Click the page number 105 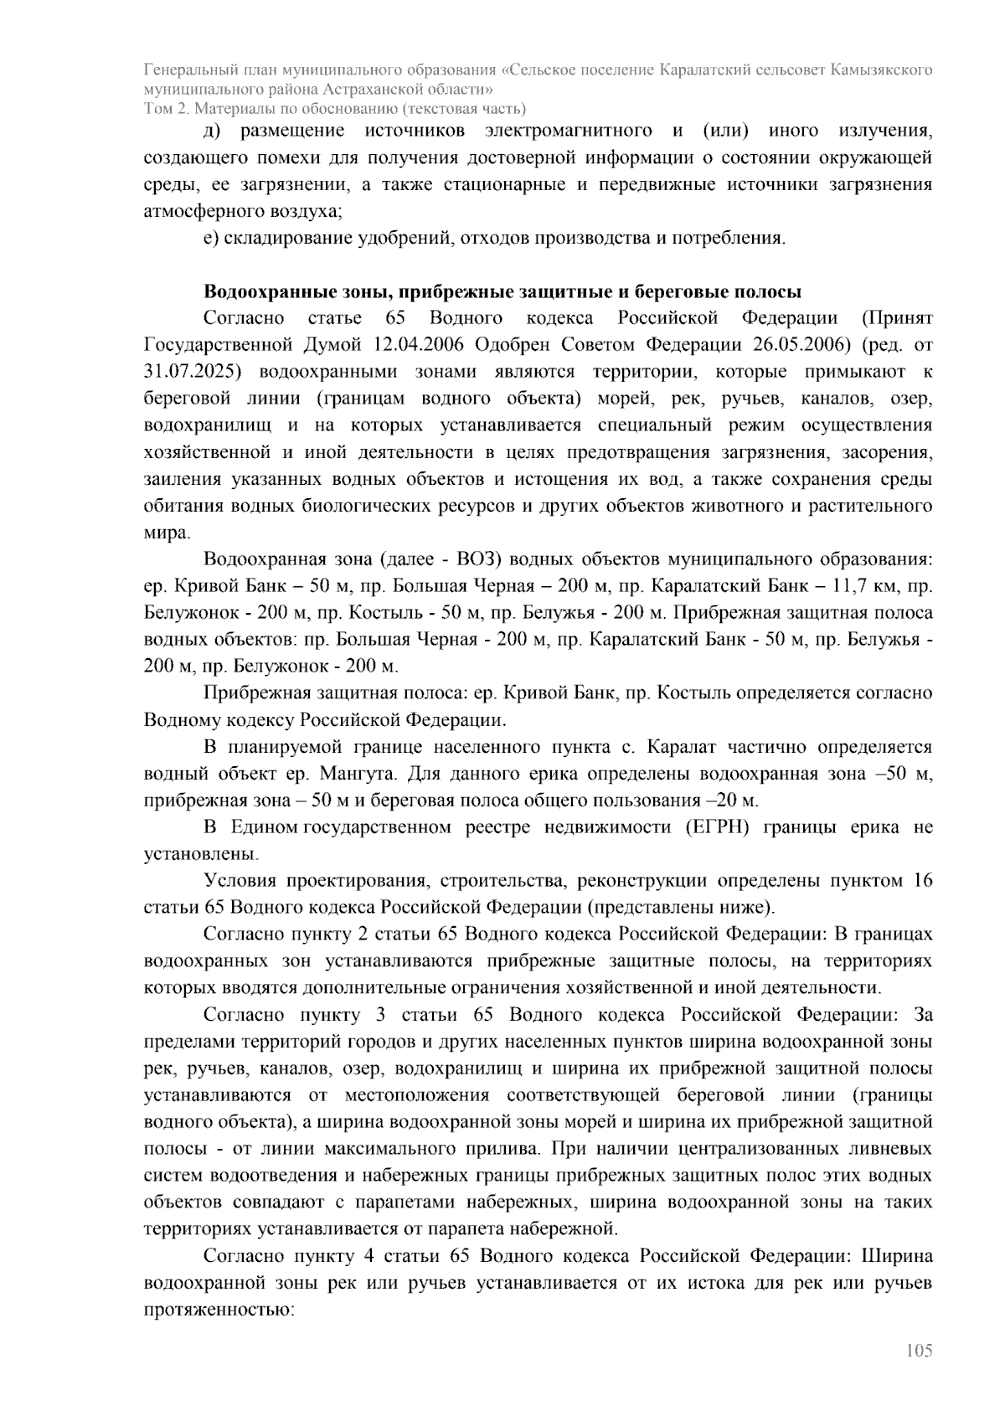point(918,1351)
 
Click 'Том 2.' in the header point(164,108)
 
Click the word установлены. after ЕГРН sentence point(200,855)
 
